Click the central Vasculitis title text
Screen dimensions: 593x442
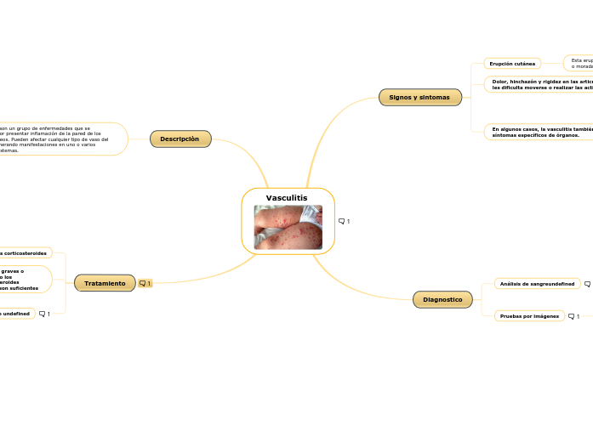pyautogui.click(x=287, y=198)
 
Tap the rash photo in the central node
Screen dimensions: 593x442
pyautogui.click(x=288, y=227)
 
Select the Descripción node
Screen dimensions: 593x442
pyautogui.click(x=180, y=139)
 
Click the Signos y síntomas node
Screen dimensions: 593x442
pyautogui.click(x=419, y=98)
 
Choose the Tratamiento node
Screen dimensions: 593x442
pyautogui.click(x=105, y=283)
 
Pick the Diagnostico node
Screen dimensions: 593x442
pyautogui.click(x=442, y=299)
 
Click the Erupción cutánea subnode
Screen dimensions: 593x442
pyautogui.click(x=512, y=64)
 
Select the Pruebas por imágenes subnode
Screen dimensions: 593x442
pyautogui.click(x=529, y=316)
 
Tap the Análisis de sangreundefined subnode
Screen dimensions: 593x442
pyautogui.click(x=536, y=284)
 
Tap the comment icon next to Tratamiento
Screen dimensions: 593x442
pyautogui.click(x=145, y=284)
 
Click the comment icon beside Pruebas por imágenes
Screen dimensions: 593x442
pyautogui.click(x=573, y=316)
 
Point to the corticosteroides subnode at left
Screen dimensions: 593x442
pyautogui.click(x=24, y=252)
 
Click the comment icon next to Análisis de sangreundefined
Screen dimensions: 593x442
pyautogui.click(x=588, y=284)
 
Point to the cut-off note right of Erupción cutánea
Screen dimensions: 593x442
pyautogui.click(x=580, y=64)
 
